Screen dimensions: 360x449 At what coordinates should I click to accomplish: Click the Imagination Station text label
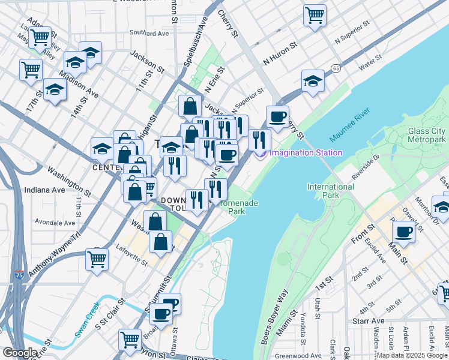point(306,152)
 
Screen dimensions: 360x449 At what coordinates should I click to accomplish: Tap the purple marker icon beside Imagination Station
point(261,154)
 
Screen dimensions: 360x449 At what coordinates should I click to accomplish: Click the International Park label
point(330,191)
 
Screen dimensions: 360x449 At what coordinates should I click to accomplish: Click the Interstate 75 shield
point(20,275)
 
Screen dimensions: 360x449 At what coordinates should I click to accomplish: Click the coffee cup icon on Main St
point(403,231)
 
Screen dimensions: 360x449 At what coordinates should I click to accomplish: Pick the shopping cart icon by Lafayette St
point(97,260)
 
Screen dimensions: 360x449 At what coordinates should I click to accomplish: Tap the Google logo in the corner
point(20,353)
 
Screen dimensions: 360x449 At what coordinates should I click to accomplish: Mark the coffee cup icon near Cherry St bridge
point(277,117)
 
